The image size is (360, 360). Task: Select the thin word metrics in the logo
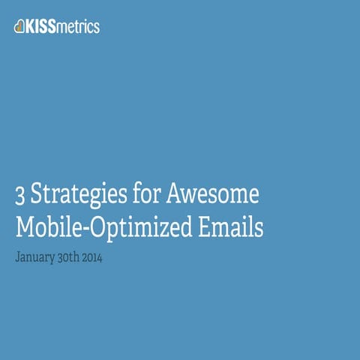pyautogui.click(x=80, y=27)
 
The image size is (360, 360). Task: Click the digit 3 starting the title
pyautogui.click(x=19, y=196)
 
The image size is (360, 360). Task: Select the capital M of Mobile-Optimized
pyautogui.click(x=24, y=228)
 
